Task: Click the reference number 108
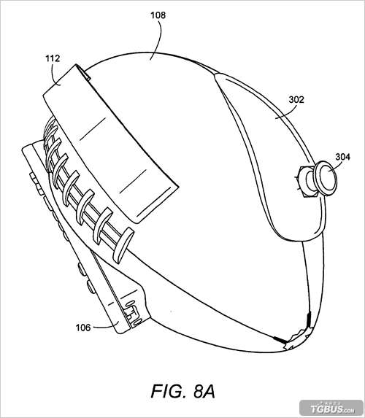tap(158, 15)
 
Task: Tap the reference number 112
tap(53, 58)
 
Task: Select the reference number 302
tap(296, 99)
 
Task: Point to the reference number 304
tap(342, 157)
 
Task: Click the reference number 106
tap(83, 328)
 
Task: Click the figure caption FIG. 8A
tap(183, 391)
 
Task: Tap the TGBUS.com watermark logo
tap(332, 409)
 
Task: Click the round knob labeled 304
tap(325, 178)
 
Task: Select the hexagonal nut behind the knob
tap(307, 181)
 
